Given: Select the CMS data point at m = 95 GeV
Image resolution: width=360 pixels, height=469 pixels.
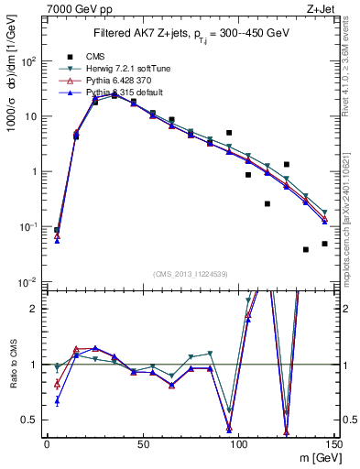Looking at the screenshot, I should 229,133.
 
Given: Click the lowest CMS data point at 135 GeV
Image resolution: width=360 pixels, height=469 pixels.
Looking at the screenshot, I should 306,249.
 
